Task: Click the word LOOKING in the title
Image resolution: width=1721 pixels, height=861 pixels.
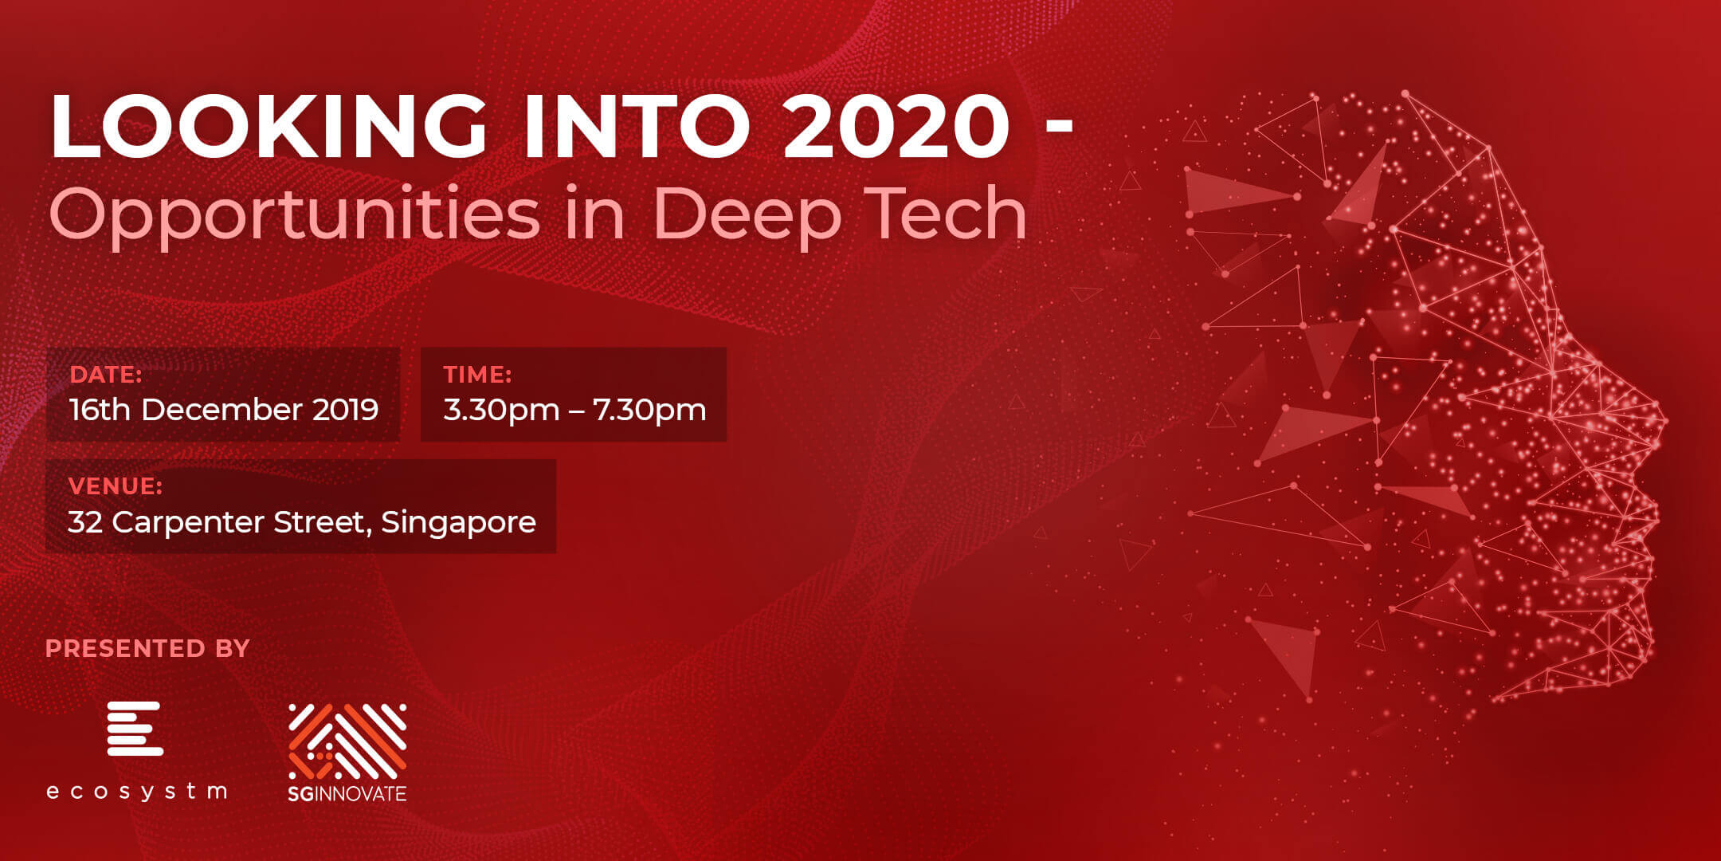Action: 269,127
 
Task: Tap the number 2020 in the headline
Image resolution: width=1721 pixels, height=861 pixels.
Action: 896,127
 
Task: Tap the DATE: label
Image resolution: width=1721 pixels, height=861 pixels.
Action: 106,374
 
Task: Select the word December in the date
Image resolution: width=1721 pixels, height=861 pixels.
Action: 221,410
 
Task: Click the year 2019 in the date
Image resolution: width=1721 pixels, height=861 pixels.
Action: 345,410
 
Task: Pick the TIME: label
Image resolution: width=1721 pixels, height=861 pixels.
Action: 477,374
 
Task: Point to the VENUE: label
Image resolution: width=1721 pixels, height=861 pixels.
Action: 116,486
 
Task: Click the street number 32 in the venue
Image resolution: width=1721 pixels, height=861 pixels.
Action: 85,522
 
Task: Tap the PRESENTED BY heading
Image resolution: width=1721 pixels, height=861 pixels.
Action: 147,648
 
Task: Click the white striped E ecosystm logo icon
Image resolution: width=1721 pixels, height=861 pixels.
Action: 135,728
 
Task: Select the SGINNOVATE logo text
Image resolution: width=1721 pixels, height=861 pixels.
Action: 347,792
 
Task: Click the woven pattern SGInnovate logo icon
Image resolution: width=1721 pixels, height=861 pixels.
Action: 347,741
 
